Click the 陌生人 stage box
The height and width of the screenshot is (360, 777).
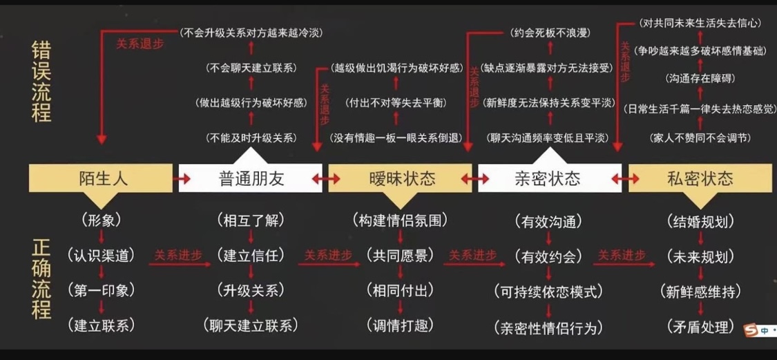[101, 178]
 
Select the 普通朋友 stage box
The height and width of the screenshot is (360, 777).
[251, 178]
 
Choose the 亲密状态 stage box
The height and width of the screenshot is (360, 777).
[549, 178]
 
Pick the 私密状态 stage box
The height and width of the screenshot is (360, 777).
[700, 178]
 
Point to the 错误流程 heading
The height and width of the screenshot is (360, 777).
[41, 82]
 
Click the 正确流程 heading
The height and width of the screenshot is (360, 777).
[41, 279]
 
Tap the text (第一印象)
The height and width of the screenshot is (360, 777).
[102, 290]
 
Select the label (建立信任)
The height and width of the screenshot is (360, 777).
[251, 256]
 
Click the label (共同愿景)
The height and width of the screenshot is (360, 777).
[400, 256]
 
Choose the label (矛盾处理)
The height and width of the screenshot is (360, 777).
[700, 327]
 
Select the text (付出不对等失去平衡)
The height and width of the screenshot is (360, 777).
[396, 103]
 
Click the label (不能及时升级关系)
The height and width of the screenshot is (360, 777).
[251, 138]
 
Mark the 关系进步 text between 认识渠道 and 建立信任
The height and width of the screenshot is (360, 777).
[178, 255]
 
